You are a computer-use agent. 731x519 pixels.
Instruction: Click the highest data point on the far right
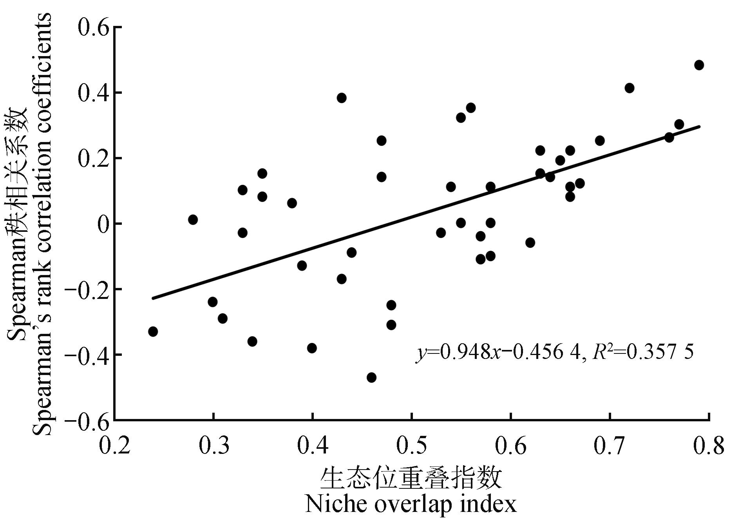699,65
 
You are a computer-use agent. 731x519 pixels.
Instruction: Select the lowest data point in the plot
371,377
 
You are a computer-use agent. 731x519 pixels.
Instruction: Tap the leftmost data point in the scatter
153,331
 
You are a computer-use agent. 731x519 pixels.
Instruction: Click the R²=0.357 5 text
643,352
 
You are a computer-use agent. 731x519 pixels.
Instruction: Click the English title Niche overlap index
411,504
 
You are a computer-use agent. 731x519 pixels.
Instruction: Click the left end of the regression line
153,299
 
